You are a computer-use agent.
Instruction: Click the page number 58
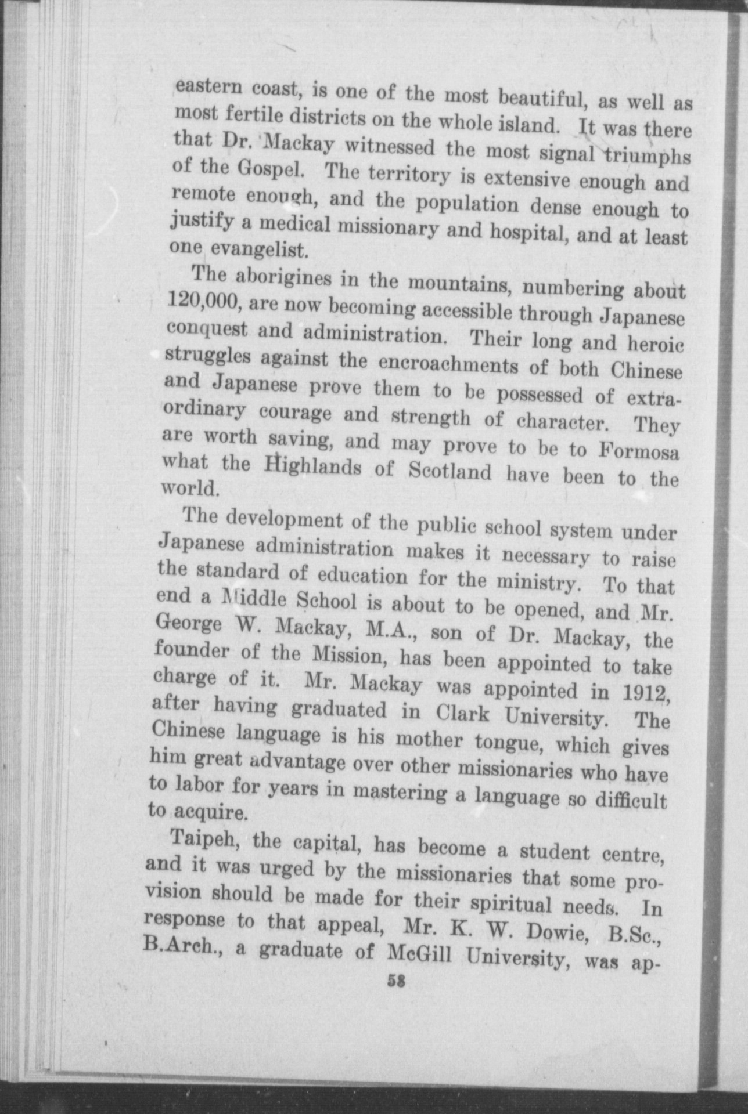tap(397, 981)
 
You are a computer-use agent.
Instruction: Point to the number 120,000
tap(198, 301)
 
